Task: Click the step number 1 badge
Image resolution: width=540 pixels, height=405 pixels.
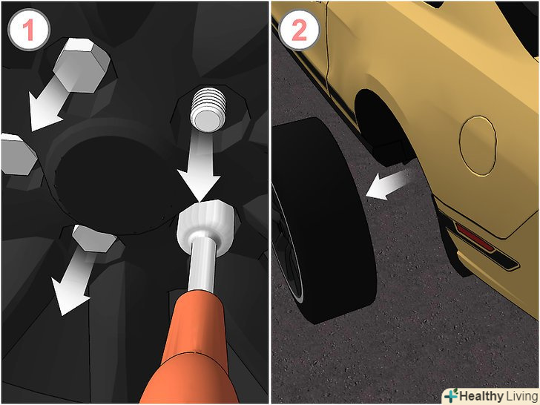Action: [x=29, y=30]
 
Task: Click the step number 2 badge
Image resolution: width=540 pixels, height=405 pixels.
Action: [x=299, y=30]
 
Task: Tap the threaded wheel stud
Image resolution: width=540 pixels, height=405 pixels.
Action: [x=208, y=110]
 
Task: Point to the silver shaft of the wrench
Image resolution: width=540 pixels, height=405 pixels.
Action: [x=202, y=265]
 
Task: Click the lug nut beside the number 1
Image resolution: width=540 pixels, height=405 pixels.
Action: [x=82, y=65]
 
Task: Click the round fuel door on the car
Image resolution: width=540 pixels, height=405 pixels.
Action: [x=478, y=145]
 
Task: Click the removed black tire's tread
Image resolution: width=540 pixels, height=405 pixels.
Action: [x=333, y=220]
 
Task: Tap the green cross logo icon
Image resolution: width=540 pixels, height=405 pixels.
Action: [x=451, y=395]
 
